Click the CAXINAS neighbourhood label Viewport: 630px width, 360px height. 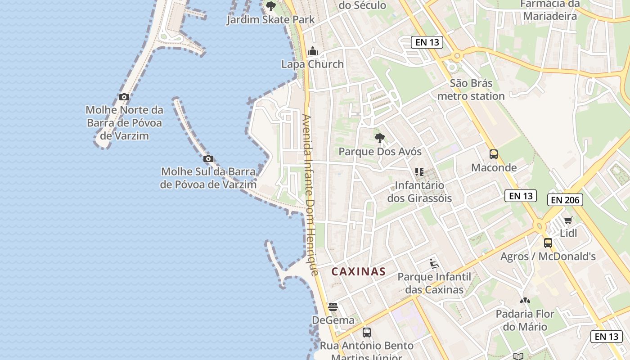pos(359,271)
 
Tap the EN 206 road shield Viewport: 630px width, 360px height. pos(565,200)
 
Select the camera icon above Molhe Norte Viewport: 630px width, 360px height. pos(124,97)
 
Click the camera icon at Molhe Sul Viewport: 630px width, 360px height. pos(208,158)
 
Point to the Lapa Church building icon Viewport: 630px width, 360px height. pos(313,51)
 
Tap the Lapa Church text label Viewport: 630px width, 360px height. pos(312,64)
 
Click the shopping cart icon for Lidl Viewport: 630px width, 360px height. pos(568,220)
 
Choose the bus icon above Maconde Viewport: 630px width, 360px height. pos(494,154)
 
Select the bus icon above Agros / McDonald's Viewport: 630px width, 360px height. pos(548,243)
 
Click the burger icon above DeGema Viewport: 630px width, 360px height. pos(333,307)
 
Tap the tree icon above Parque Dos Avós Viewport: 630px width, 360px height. pos(380,138)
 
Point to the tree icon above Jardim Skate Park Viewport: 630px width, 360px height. pos(271,6)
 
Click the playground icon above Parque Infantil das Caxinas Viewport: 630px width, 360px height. pos(434,263)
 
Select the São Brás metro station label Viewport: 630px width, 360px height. pos(471,90)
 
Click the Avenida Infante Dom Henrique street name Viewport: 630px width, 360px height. pos(310,195)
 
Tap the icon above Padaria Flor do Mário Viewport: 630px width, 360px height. pos(525,300)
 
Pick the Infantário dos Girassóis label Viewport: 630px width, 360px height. pos(419,192)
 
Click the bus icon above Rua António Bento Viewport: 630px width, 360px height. pos(367,333)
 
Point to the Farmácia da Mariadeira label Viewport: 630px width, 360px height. pos(549,10)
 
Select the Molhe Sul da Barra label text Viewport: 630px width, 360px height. pos(208,178)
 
